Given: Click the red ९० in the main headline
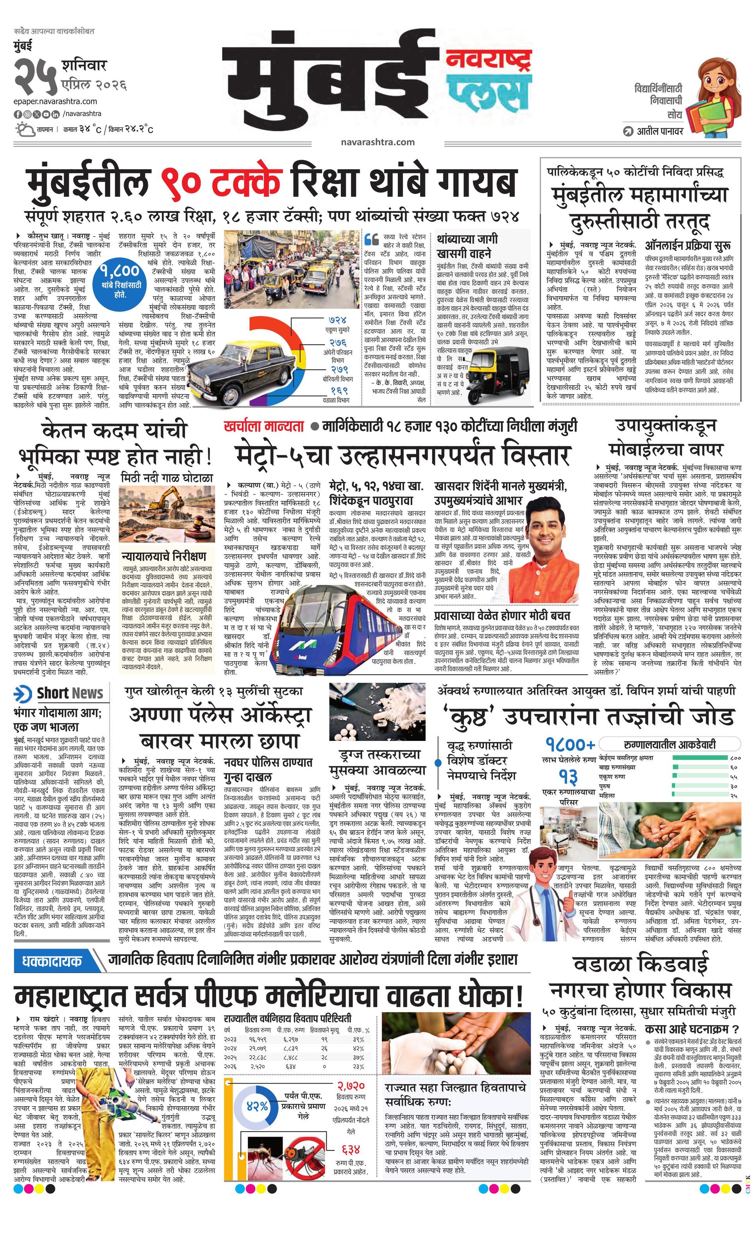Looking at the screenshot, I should tap(182, 184).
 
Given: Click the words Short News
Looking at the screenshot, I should tap(70, 693).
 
